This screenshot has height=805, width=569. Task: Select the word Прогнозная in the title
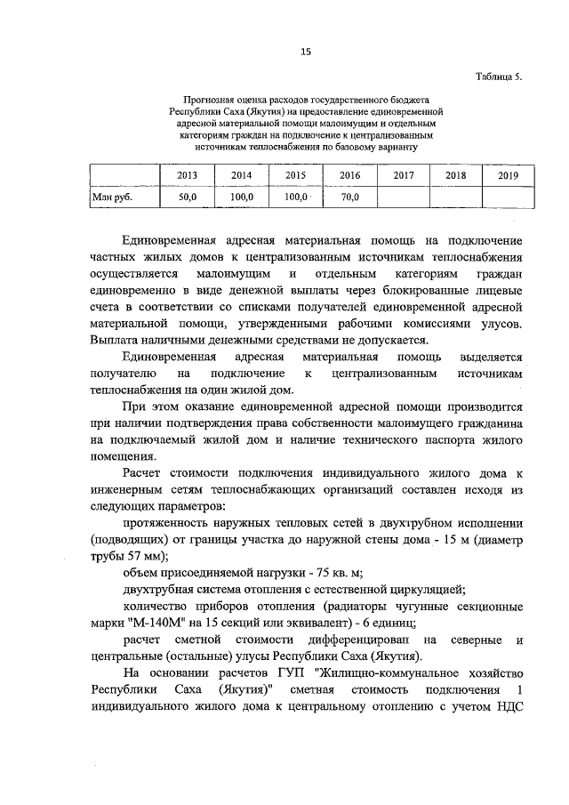click(x=207, y=101)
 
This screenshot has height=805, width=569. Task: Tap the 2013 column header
click(x=188, y=176)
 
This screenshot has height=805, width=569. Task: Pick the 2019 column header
click(x=508, y=176)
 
